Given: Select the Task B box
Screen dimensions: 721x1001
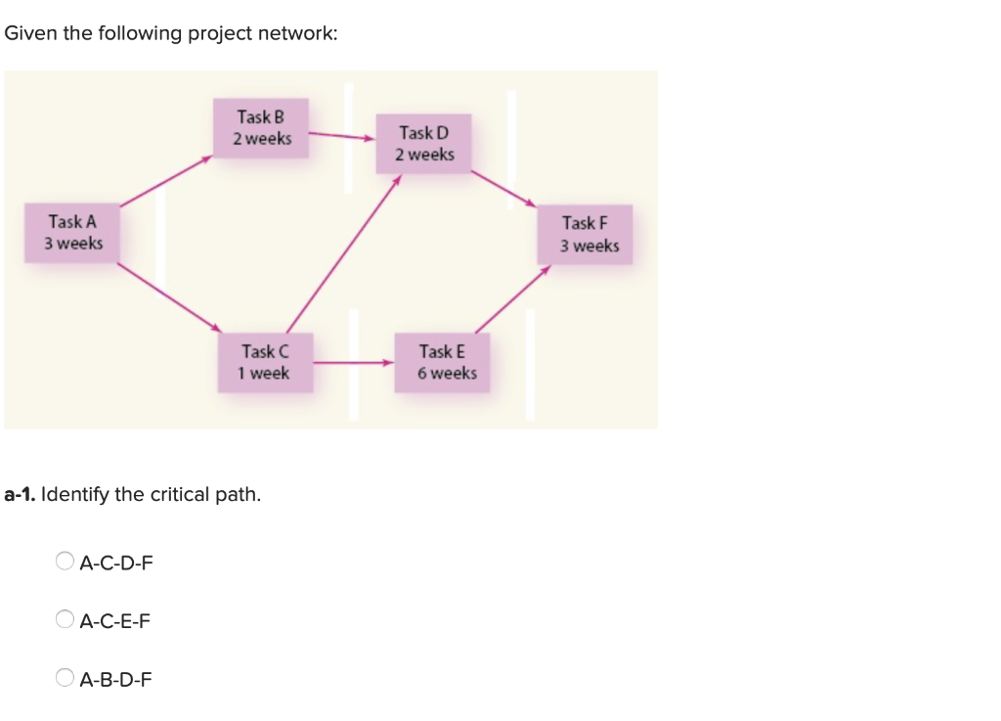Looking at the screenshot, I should coord(262,127).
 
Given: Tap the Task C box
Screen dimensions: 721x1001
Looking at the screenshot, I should coord(265,362).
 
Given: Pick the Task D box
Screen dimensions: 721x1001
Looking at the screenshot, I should coord(424,143).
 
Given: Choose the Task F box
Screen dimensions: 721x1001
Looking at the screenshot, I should coord(584,235).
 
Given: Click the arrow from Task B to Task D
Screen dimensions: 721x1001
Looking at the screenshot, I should coord(342,137).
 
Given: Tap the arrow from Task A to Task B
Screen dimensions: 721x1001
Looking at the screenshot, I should coord(166,180).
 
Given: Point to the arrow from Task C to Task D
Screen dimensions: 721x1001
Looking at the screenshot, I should coord(343,253).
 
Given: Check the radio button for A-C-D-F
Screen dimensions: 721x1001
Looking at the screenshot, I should coord(65,562).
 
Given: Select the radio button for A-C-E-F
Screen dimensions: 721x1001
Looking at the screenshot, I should coord(65,619).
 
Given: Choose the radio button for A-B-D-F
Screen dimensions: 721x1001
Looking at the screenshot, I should coord(65,677).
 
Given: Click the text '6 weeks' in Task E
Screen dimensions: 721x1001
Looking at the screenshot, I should coord(447,374).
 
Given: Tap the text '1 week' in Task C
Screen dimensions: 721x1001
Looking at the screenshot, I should coord(263,374).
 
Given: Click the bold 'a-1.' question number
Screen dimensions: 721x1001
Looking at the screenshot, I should coord(21,495).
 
